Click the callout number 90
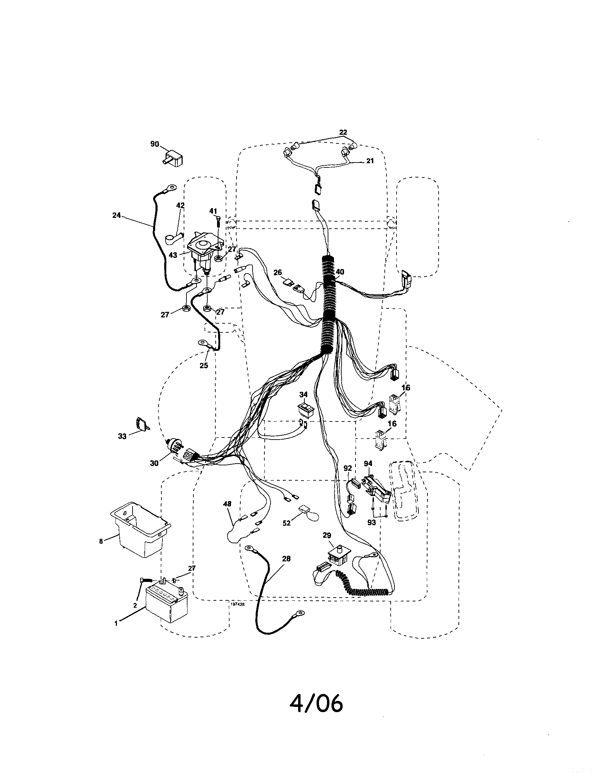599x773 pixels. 154,145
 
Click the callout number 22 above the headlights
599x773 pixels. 343,132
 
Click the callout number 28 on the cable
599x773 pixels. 286,559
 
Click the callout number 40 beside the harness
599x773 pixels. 340,272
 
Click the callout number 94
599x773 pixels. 368,463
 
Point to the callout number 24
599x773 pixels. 117,215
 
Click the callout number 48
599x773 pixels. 227,504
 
